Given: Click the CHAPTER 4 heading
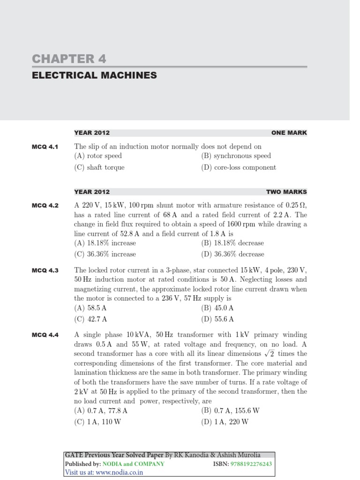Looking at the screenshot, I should click(69, 59).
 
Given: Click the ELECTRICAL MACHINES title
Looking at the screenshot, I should click(94, 75).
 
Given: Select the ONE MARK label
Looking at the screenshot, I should click(289, 133).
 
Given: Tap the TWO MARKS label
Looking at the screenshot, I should click(286, 192).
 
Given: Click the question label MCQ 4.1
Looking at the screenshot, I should click(45, 147).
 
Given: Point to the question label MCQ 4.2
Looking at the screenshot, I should click(45, 206).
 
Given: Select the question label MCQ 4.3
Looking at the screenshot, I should click(45, 271).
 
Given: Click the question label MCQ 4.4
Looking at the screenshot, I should click(45, 335).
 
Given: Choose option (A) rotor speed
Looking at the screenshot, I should click(98, 156).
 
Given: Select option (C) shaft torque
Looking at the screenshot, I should click(99, 167).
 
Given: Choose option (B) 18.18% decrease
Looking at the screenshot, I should click(232, 243).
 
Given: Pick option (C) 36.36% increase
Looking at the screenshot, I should click(105, 254).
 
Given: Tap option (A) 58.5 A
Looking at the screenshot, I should click(91, 308).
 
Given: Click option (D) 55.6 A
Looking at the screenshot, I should click(217, 319).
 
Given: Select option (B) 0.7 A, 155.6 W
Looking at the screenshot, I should click(230, 410).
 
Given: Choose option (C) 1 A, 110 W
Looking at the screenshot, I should click(97, 421).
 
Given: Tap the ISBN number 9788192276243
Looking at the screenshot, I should click(251, 464).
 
